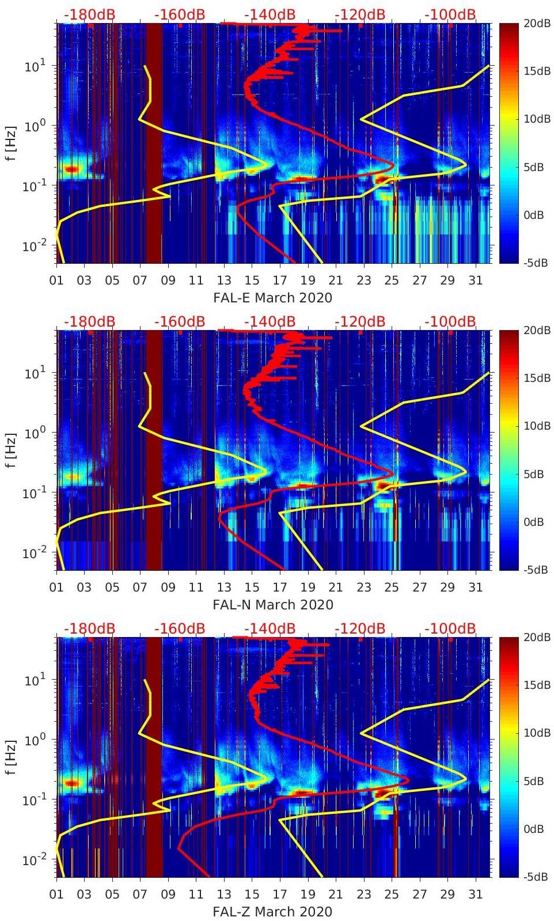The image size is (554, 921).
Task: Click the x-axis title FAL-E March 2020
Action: coord(272,298)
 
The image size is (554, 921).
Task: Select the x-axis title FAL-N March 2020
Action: coord(272,605)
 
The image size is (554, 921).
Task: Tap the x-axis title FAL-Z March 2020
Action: coord(272,912)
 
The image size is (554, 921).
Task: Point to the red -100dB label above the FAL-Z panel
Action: coord(450,628)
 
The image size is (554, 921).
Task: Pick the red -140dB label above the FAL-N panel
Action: coord(270,321)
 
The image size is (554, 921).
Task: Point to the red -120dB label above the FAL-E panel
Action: coord(360,14)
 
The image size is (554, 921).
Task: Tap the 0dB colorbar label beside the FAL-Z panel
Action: coord(538,829)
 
